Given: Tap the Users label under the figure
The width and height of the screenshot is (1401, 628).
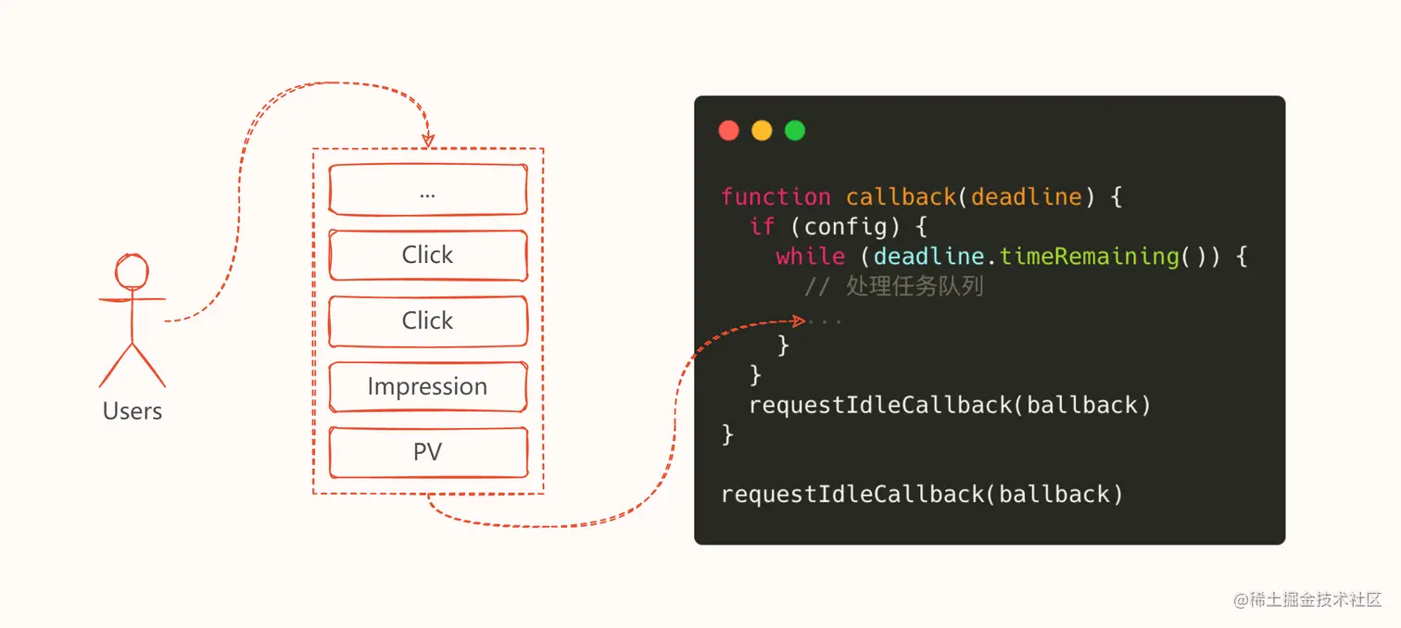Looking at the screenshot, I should coord(133,411).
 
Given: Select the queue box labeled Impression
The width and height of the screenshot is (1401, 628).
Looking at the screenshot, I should coord(427,386).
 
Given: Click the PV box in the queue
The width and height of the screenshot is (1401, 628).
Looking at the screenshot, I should coord(427,452).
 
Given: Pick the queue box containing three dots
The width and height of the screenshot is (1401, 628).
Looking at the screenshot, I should coord(427,190).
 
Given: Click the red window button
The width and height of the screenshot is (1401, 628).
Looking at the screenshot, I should coord(729,131).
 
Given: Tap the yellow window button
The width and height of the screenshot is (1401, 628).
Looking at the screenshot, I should coord(762,131).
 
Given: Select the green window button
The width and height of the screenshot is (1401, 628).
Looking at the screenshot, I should coord(795,131).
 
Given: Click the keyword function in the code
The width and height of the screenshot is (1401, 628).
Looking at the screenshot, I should coord(776,196).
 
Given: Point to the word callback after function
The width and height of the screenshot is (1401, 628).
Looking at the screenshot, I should coord(901,196).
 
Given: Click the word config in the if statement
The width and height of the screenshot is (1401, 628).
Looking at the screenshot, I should coord(839,226).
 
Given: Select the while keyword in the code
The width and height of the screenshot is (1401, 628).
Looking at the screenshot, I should coord(810,256).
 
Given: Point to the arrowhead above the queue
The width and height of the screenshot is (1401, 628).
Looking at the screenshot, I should coord(428,140).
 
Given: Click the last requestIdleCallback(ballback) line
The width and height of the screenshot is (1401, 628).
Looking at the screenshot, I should coord(922,494).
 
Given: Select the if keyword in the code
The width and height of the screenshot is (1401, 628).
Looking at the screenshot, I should coord(762,226).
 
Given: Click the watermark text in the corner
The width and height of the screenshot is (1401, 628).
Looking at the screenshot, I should coord(1308,599).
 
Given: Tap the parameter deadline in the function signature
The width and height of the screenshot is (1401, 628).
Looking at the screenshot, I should coord(1026,196).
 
